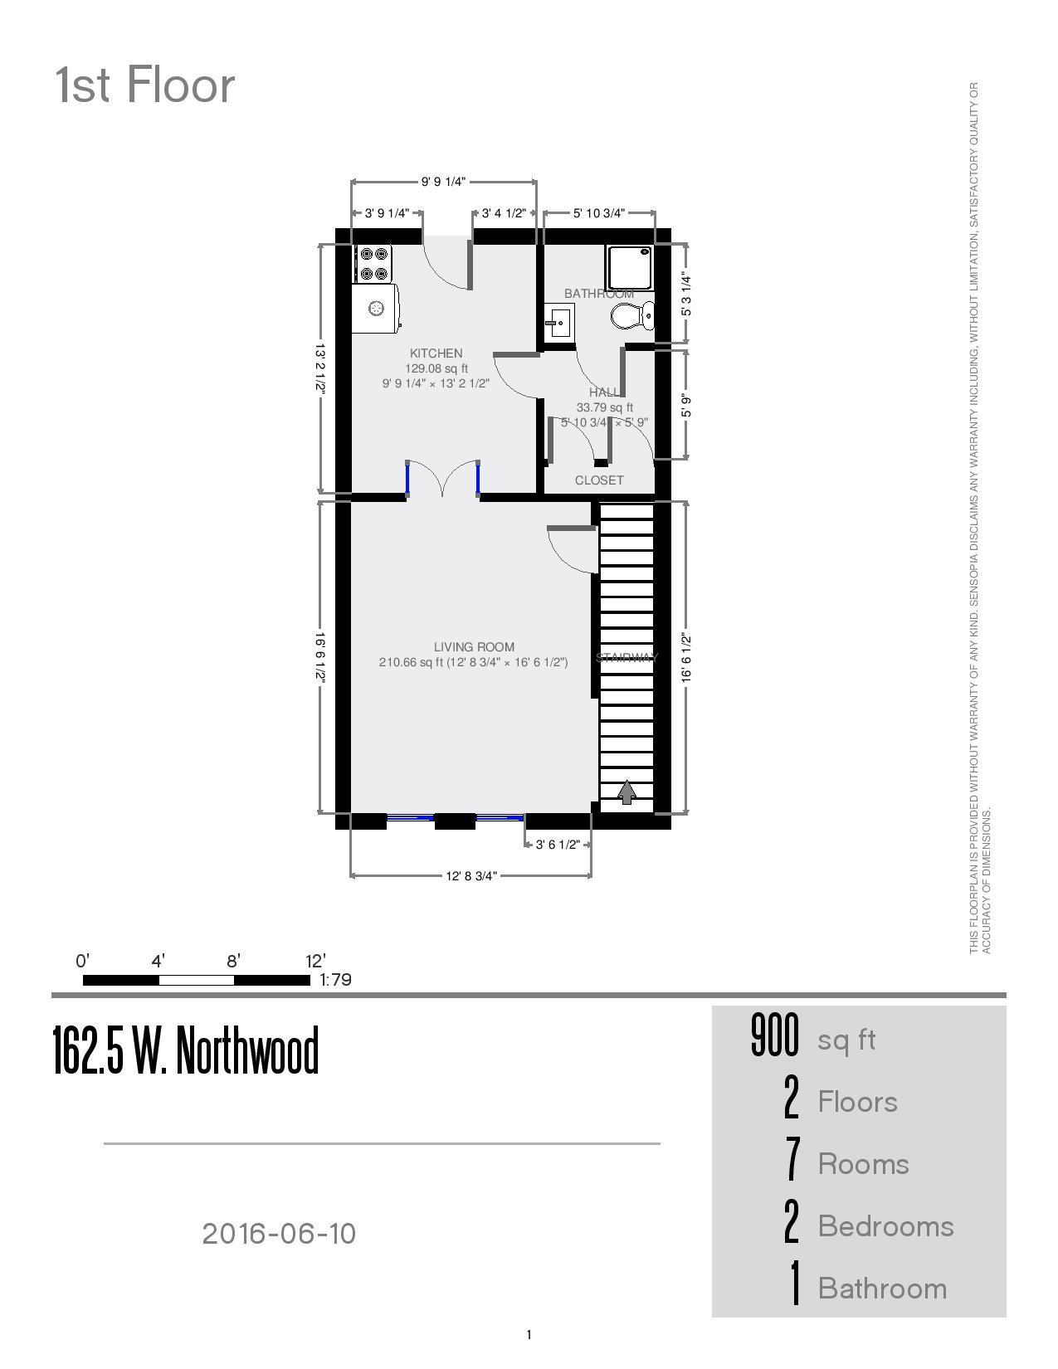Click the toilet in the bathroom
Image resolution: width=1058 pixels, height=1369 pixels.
[633, 315]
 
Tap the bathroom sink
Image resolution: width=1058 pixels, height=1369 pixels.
[559, 322]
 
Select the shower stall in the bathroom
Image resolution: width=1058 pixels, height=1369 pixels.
[629, 267]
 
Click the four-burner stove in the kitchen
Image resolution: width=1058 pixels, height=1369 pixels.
[373, 264]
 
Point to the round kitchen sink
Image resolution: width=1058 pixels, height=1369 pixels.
[377, 309]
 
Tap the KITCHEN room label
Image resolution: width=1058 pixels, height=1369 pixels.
[436, 353]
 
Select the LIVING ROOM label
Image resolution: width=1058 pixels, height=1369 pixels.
[474, 646]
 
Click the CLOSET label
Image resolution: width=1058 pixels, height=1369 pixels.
[599, 480]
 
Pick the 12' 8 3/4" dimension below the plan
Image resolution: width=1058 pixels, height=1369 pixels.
[471, 876]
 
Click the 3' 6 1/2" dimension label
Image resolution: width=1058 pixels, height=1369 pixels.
[558, 845]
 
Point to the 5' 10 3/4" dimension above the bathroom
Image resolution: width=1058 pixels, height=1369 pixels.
[599, 213]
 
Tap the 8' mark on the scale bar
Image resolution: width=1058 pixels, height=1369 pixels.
[233, 962]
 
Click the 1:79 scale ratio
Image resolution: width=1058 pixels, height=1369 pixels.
[336, 980]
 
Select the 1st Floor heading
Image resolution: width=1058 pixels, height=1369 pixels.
[145, 85]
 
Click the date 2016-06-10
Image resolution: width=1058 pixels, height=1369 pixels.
[279, 1234]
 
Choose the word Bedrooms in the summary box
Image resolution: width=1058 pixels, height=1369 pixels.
[885, 1226]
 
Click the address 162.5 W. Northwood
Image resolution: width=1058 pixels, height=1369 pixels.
[186, 1050]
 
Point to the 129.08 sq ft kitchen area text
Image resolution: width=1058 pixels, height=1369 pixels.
[436, 368]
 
